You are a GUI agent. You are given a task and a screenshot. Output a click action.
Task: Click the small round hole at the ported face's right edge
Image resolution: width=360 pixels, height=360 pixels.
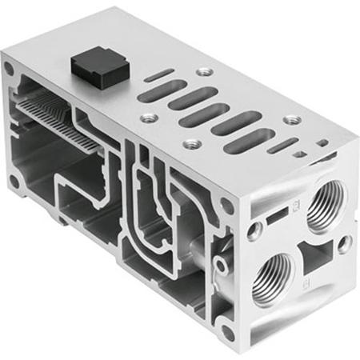coord(346,241)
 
